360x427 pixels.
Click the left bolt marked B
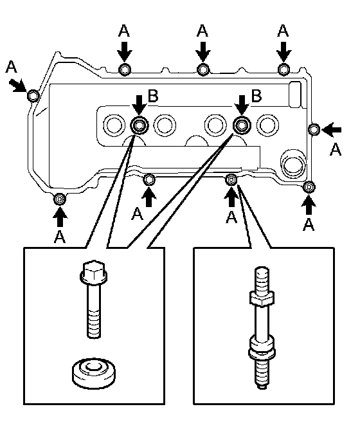(x=139, y=125)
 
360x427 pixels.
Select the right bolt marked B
(x=242, y=125)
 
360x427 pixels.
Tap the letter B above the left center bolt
(x=153, y=96)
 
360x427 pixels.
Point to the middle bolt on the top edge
(x=203, y=69)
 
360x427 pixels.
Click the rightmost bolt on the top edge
(x=283, y=69)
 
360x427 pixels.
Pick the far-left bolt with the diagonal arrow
(x=33, y=95)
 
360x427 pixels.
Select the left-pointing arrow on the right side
(x=332, y=130)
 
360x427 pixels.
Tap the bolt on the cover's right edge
(x=314, y=129)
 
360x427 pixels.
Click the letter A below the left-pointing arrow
(x=335, y=149)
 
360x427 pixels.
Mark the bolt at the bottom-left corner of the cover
(x=60, y=199)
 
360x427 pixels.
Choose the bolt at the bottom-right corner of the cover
(x=309, y=186)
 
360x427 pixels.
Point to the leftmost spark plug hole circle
(x=114, y=125)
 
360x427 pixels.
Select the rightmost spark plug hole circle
(x=267, y=125)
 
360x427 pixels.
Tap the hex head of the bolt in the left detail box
(x=93, y=272)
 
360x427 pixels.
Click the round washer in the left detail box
(x=93, y=373)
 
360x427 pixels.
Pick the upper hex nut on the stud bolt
(x=262, y=298)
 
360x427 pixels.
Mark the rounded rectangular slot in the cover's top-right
(x=295, y=95)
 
